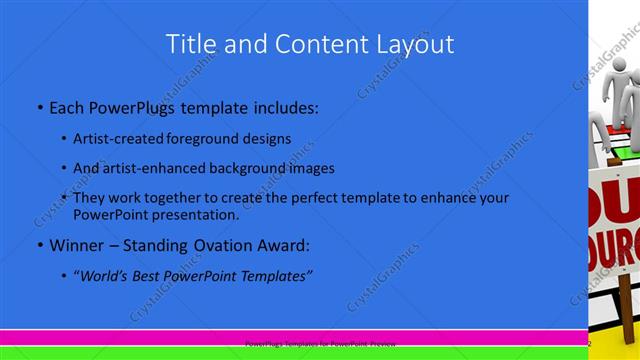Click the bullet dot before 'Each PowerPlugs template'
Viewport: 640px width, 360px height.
pyautogui.click(x=39, y=106)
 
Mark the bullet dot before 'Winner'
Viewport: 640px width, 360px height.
pyautogui.click(x=39, y=245)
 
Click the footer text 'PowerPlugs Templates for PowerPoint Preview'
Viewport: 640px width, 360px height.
pyautogui.click(x=320, y=342)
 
